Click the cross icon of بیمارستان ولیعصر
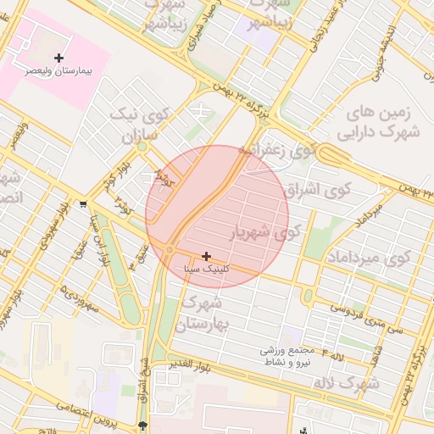58,58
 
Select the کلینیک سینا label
207,269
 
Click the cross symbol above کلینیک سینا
207,255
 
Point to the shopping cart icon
83,204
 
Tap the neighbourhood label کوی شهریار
266,231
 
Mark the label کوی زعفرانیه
288,151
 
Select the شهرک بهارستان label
203,313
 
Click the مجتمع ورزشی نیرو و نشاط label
287,355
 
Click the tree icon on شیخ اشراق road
142,425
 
